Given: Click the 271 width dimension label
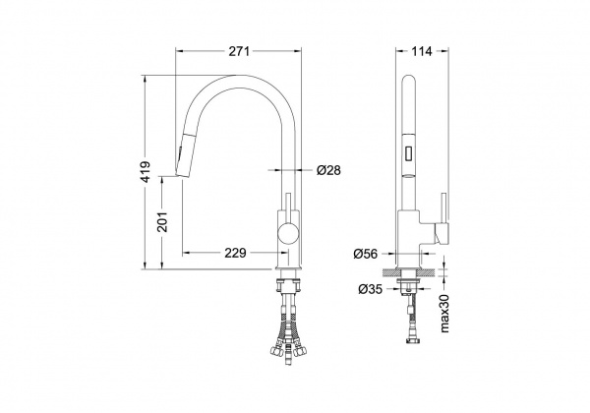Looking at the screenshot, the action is point(239,51).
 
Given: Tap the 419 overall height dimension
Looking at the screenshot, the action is point(147,172).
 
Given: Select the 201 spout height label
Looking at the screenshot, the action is point(162,221).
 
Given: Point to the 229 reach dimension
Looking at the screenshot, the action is point(235,253).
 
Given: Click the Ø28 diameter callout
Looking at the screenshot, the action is point(328,170).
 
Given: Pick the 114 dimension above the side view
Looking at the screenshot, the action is point(422,51).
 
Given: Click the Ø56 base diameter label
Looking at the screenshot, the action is point(365,255).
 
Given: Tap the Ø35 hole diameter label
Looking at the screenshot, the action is point(371,289).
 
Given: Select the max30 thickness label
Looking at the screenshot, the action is point(444,313).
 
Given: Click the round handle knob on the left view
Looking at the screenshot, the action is point(288,233).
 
